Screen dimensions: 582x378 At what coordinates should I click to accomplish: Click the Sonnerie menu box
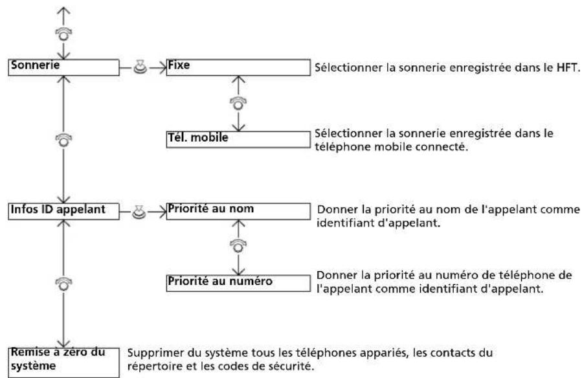tap(63, 67)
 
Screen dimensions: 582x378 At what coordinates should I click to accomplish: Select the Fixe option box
tap(238, 67)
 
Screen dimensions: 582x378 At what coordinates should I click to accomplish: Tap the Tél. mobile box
tap(238, 139)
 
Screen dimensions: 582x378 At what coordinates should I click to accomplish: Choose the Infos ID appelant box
tap(63, 211)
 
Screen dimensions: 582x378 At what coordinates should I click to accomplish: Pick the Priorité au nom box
tap(238, 211)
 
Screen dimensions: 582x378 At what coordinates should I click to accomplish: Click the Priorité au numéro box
tap(238, 283)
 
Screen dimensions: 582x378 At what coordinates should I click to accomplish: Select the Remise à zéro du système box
tap(63, 362)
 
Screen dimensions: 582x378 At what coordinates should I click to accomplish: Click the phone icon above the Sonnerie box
tap(64, 34)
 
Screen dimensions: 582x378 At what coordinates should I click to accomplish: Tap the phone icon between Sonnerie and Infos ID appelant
tap(64, 140)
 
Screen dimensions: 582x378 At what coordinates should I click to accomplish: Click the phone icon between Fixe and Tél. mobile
tap(238, 104)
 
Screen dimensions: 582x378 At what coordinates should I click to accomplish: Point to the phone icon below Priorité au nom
tap(238, 245)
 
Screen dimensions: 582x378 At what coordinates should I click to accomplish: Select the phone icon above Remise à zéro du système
tap(64, 283)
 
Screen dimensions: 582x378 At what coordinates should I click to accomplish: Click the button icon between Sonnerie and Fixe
tap(140, 67)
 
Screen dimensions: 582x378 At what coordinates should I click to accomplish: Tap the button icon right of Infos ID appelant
tap(139, 212)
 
